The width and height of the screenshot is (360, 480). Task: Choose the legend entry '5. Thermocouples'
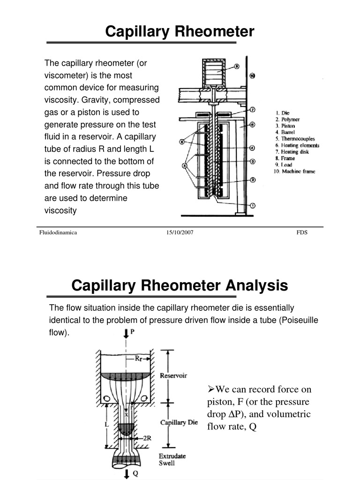(x=294, y=139)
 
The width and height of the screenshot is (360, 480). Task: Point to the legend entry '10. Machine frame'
(x=294, y=172)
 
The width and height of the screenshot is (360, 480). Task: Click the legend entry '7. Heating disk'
(x=291, y=152)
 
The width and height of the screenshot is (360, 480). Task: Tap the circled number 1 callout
(x=252, y=205)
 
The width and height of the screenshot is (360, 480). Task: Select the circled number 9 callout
(x=237, y=67)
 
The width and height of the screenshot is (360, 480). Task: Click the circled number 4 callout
(x=252, y=148)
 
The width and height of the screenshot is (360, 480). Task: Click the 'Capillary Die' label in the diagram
(x=179, y=422)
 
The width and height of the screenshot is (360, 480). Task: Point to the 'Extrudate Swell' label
(x=172, y=459)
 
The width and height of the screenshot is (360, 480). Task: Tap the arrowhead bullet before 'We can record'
(x=210, y=390)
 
